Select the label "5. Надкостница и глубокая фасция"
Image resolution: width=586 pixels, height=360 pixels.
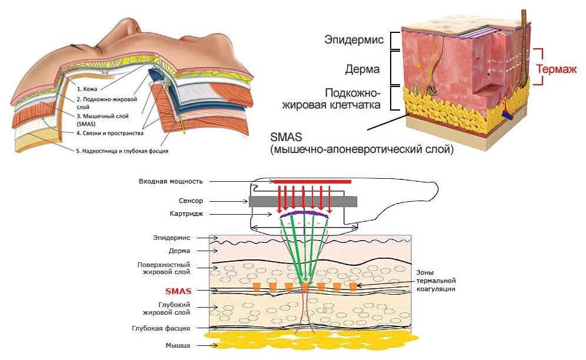[x=122, y=151]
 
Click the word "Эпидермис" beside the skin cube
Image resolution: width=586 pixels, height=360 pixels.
[x=354, y=40]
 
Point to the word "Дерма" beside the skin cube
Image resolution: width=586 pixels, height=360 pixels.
[x=362, y=69]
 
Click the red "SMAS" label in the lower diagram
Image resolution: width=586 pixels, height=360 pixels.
[x=178, y=291]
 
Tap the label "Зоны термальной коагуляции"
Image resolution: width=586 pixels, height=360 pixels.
[x=437, y=281]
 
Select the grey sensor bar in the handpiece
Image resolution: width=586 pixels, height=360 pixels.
[x=302, y=201]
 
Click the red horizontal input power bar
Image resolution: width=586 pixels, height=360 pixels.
[x=312, y=182]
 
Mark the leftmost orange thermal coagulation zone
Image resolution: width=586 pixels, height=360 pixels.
[x=257, y=287]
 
